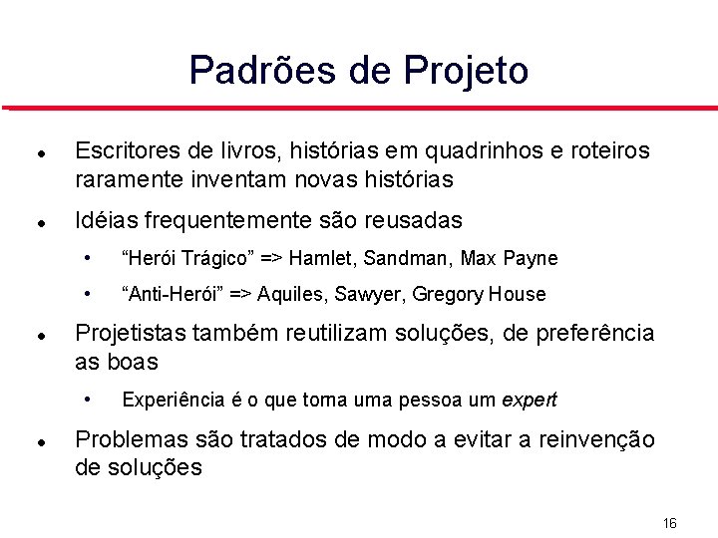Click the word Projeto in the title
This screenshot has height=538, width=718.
pyautogui.click(x=466, y=71)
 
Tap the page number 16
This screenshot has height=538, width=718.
pyautogui.click(x=669, y=522)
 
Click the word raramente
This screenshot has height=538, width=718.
pyautogui.click(x=127, y=180)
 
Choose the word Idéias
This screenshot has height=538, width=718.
pyautogui.click(x=105, y=220)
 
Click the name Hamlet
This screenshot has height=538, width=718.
pyautogui.click(x=324, y=259)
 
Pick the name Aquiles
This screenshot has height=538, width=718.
pyautogui.click(x=295, y=294)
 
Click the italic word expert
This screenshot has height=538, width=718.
pyautogui.click(x=529, y=401)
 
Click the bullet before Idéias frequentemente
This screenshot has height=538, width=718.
pyautogui.click(x=37, y=220)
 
